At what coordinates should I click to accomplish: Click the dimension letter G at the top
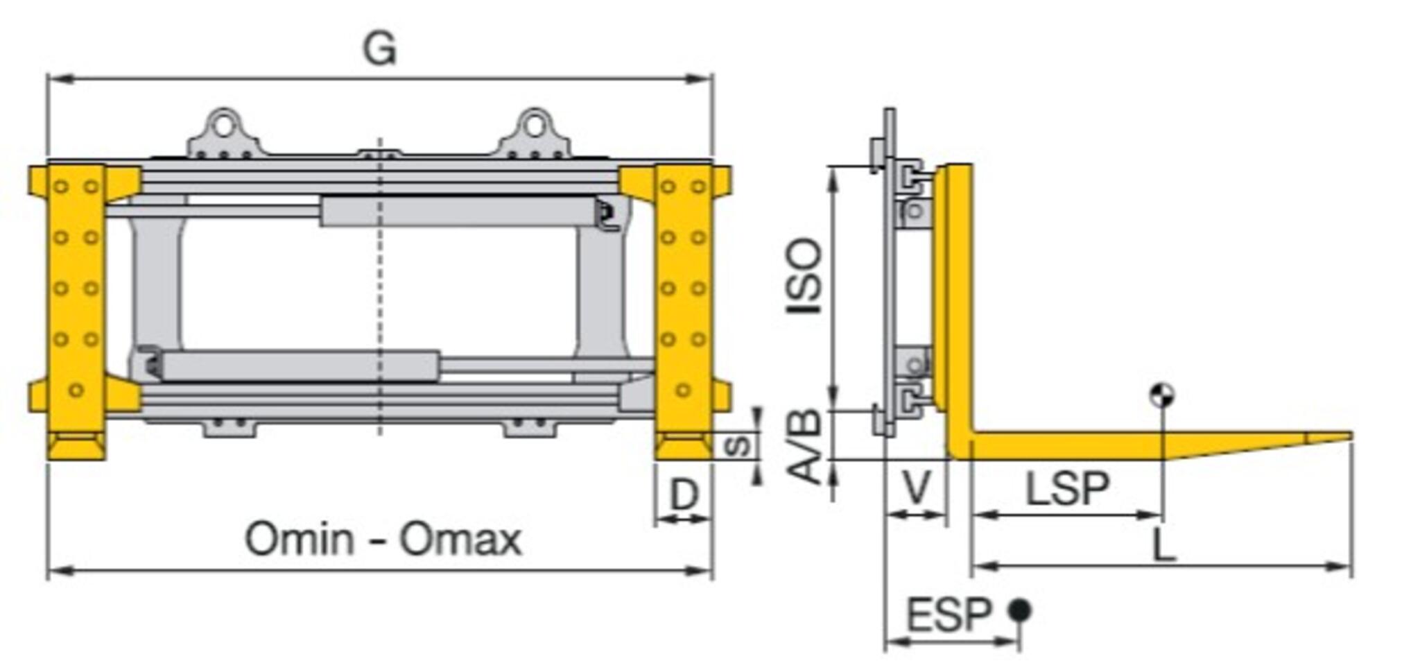click(x=380, y=49)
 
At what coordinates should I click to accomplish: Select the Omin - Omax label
click(x=383, y=539)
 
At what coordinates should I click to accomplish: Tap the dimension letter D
click(x=684, y=495)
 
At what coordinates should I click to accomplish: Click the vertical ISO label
click(x=805, y=275)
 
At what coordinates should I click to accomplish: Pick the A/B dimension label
click(x=805, y=446)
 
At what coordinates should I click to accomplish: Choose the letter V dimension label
click(x=916, y=487)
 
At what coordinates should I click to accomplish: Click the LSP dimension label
click(x=1067, y=488)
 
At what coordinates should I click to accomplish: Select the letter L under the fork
click(x=1164, y=545)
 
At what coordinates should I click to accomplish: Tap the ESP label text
click(x=949, y=615)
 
